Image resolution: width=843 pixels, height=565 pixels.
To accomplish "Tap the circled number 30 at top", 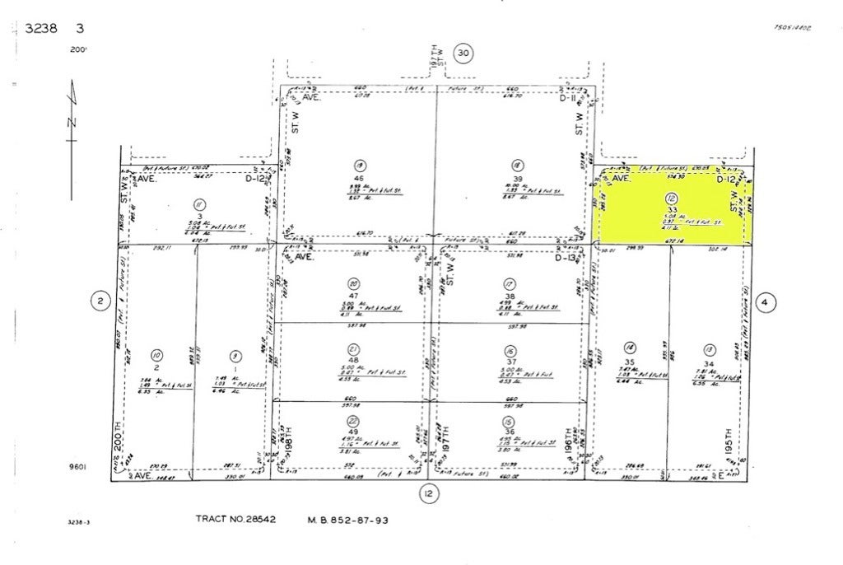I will pyautogui.click(x=463, y=54).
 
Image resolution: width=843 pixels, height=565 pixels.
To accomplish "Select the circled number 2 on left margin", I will pyautogui.click(x=99, y=302).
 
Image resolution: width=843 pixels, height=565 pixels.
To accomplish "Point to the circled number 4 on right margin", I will pyautogui.click(x=764, y=302).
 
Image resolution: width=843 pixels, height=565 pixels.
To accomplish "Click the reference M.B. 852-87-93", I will pyautogui.click(x=347, y=520).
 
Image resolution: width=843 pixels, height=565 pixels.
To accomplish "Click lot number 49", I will pyautogui.click(x=353, y=432).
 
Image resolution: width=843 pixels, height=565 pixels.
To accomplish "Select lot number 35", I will pyautogui.click(x=630, y=362).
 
